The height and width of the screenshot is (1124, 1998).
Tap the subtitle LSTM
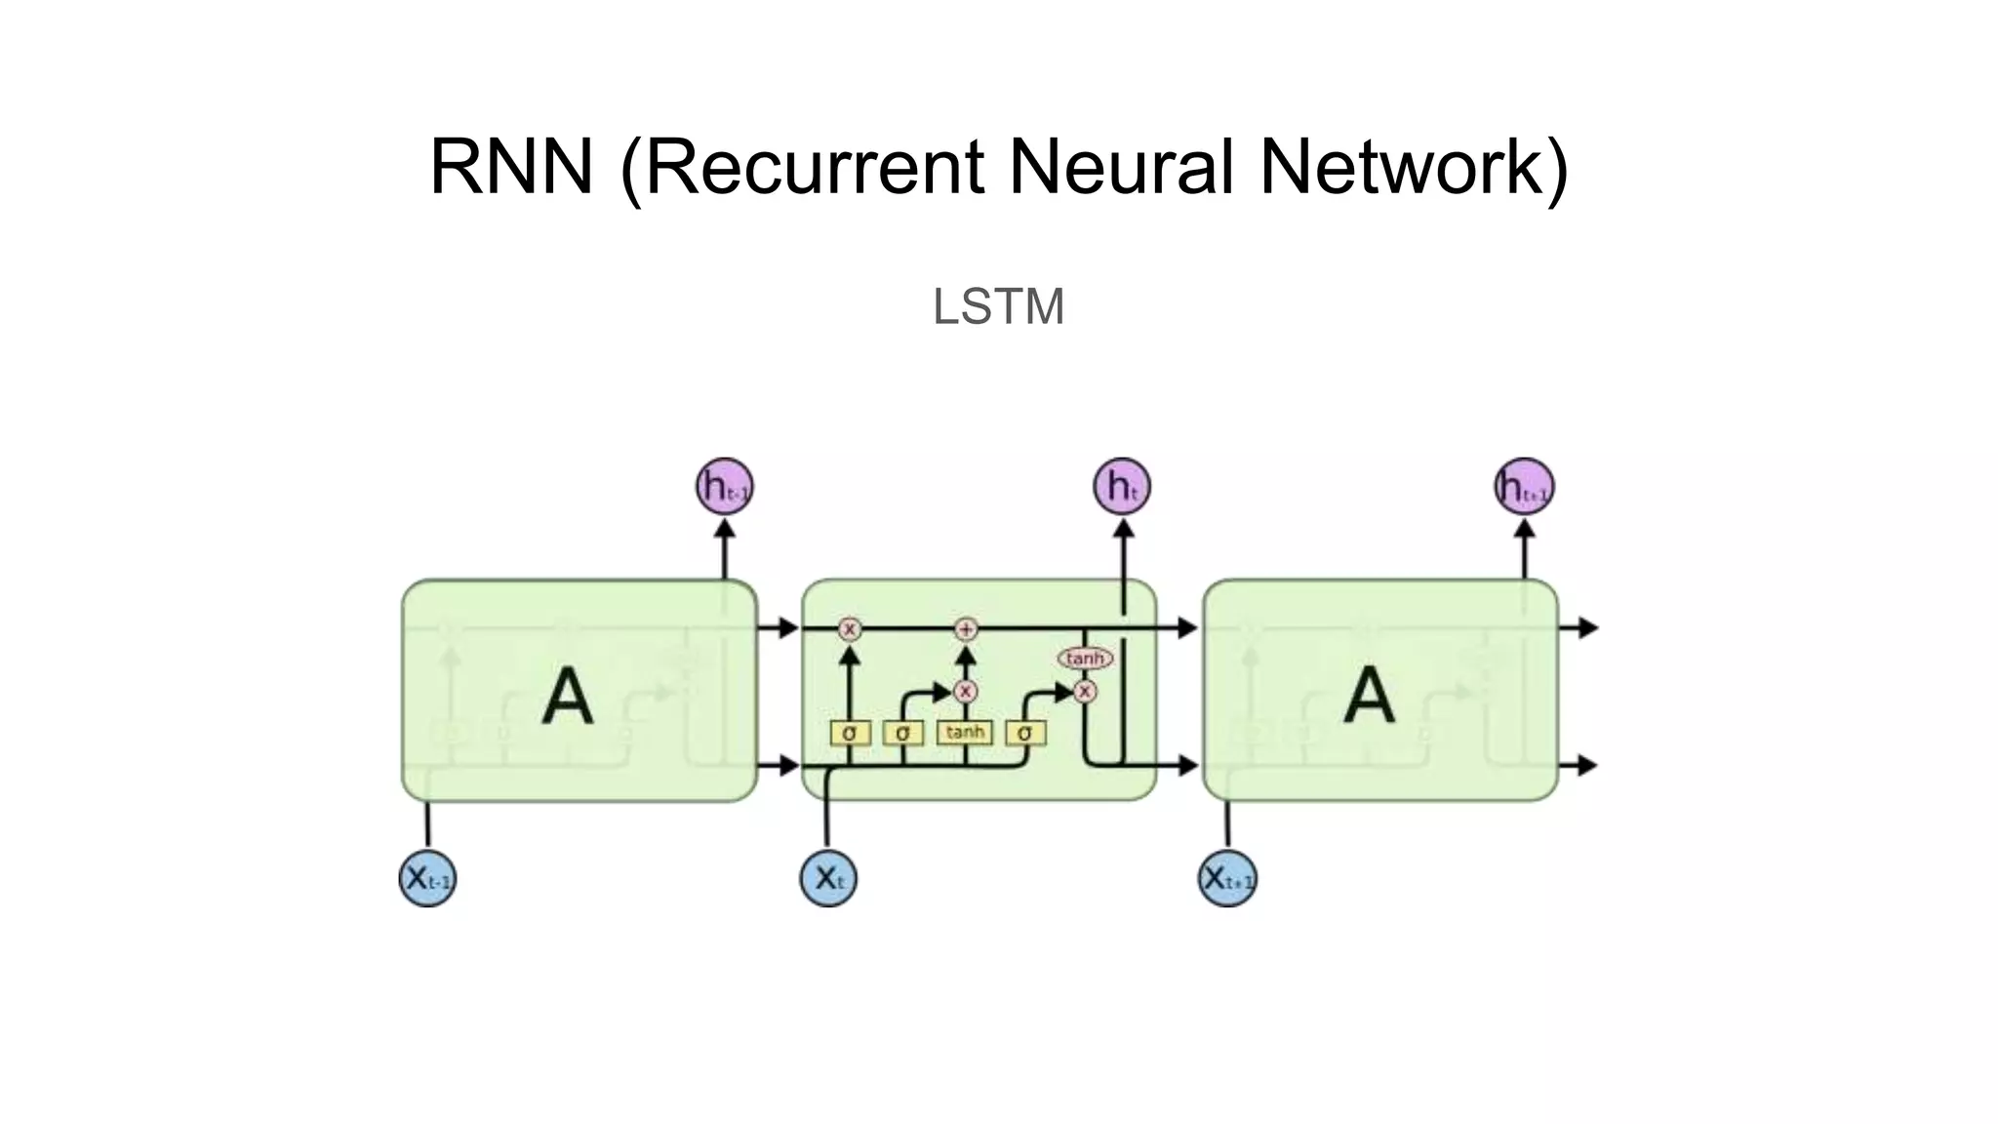998,306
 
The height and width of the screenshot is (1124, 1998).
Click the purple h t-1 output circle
724,486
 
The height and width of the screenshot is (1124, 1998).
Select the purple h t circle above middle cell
1122,486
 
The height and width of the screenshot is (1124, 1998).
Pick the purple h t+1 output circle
1524,486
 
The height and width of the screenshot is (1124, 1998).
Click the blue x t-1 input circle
427,878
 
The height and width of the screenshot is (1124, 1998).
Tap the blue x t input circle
828,878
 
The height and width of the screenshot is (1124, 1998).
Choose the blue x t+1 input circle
1227,878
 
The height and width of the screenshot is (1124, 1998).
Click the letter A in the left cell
567,697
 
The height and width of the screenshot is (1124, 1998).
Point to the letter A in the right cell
1369,695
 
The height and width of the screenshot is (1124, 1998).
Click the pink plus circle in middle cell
966,629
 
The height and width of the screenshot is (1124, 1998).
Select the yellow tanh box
964,732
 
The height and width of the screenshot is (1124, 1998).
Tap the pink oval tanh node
1085,659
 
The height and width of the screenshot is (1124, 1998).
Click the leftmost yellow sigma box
850,733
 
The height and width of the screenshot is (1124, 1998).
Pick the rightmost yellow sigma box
1024,733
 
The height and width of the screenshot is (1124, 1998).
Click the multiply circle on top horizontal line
850,629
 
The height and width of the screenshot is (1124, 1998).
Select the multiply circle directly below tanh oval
1085,692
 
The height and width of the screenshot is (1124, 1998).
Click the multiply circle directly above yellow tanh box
966,692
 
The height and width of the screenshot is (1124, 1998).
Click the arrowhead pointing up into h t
1123,529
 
